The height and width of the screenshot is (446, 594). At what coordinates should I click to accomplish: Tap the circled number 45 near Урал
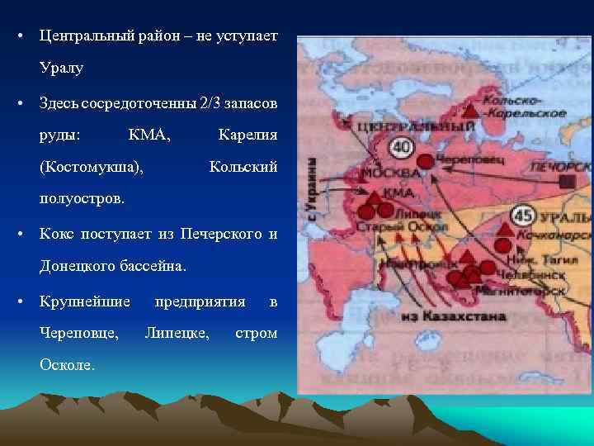click(x=523, y=216)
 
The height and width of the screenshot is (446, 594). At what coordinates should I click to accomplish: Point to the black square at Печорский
click(x=567, y=181)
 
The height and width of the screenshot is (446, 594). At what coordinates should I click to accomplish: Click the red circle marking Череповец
click(x=425, y=162)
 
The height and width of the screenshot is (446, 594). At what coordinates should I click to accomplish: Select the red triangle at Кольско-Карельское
click(x=469, y=108)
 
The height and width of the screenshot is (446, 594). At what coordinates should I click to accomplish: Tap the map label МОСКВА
click(x=387, y=174)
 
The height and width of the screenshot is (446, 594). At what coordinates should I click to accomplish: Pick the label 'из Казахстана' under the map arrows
click(x=441, y=316)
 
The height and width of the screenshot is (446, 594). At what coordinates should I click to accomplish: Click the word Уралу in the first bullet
click(x=60, y=67)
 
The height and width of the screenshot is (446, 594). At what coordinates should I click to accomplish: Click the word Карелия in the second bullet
click(x=247, y=135)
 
